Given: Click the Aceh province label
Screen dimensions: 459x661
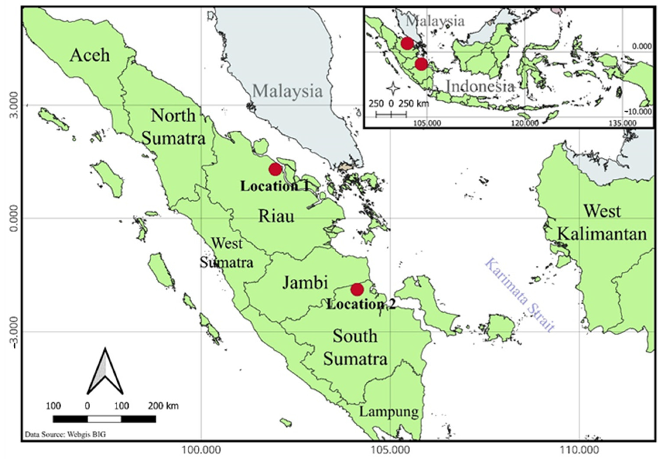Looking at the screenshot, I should pos(90,55).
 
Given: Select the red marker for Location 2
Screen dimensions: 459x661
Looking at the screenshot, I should pos(357,289).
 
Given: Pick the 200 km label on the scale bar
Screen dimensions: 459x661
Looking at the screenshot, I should pos(163,406).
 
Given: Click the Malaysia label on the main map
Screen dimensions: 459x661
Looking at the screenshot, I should pos(287,91).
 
